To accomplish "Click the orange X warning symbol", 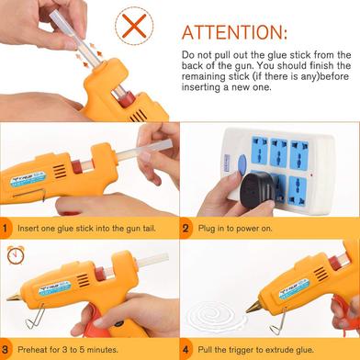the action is pos(134,26).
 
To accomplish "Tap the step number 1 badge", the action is pos(6,228).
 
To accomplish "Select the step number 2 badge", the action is pos(186,228).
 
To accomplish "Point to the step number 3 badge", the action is pos(6,349).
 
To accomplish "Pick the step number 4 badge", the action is pos(186,349).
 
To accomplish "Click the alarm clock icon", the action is pos(16,254).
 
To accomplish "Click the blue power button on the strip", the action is pos(242,164).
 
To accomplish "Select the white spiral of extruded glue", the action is pos(217,317).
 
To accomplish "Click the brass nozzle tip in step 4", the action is pos(254,307).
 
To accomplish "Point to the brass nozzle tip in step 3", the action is pos(14,297).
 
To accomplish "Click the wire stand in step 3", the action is pos(35,317).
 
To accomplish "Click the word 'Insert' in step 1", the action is pos(28,229).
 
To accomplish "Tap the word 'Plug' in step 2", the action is pos(207,229).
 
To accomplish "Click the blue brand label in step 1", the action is pos(28,179).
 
